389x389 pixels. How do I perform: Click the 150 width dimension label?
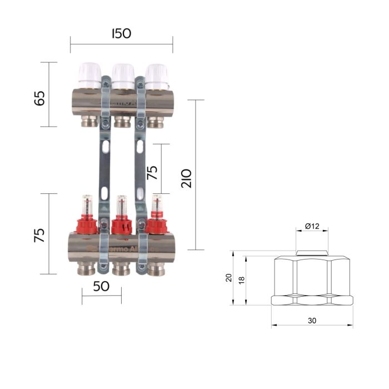tap(121, 33)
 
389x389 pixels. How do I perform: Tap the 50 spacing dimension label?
tap(101, 287)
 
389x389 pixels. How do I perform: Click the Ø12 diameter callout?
tap(312, 226)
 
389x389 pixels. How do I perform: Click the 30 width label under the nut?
tap(312, 321)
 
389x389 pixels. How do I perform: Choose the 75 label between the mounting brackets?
tap(152, 171)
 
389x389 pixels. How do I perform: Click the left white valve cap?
tap(89, 73)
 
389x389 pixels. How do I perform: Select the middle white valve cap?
tap(123, 73)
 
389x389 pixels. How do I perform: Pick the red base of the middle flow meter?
tap(121, 226)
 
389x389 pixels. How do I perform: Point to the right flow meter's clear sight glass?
tap(157, 205)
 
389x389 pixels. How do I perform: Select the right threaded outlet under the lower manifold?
tap(156, 270)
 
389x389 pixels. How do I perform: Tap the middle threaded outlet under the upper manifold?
tap(122, 122)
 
